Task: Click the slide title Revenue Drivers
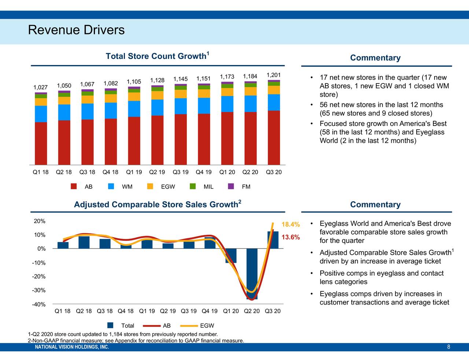(x=76, y=30)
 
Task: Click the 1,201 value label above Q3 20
(x=273, y=75)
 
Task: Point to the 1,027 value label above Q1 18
(x=40, y=87)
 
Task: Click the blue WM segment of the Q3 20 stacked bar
(x=274, y=102)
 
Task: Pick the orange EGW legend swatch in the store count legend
(x=150, y=187)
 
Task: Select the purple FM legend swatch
(x=231, y=187)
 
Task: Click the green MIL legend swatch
(x=193, y=187)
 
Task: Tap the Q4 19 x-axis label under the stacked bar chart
(x=203, y=172)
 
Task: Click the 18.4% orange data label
(x=291, y=225)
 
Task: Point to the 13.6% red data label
(x=291, y=237)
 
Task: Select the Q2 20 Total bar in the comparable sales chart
(x=252, y=273)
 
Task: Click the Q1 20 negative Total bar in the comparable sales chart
(x=231, y=255)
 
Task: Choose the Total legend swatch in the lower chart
(x=110, y=326)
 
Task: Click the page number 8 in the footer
(x=448, y=347)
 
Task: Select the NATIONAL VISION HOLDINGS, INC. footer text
(x=72, y=347)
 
